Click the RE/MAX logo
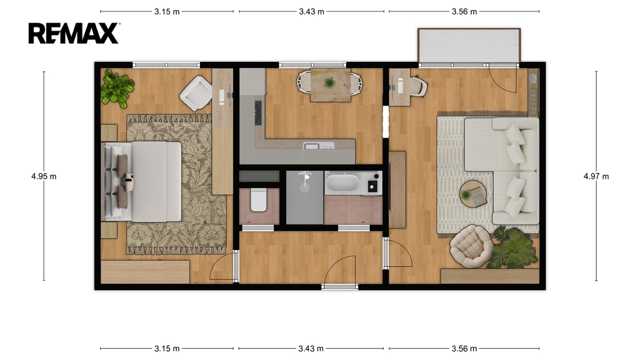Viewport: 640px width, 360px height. point(74,33)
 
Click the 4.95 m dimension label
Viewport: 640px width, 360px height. point(44,176)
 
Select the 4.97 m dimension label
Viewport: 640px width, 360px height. point(596,176)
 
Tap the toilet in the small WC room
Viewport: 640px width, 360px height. point(258,199)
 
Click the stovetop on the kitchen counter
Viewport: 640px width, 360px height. point(258,112)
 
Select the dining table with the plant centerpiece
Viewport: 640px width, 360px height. point(330,85)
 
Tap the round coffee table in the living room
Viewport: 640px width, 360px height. point(473,194)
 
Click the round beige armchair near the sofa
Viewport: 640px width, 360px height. point(471,246)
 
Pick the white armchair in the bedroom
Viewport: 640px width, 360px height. point(196,94)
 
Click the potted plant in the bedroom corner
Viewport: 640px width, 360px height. point(117,88)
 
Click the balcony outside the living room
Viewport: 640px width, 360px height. point(469,45)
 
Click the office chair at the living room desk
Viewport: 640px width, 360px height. point(419,86)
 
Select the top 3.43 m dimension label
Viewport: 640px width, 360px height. point(311,11)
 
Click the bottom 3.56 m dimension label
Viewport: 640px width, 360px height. point(464,349)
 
